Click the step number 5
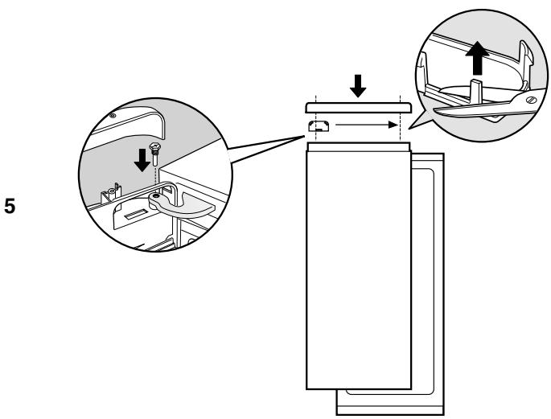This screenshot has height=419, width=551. (10, 204)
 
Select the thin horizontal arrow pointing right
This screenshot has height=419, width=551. (367, 125)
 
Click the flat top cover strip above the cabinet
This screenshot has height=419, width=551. (360, 106)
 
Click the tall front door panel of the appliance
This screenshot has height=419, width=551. (359, 265)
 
